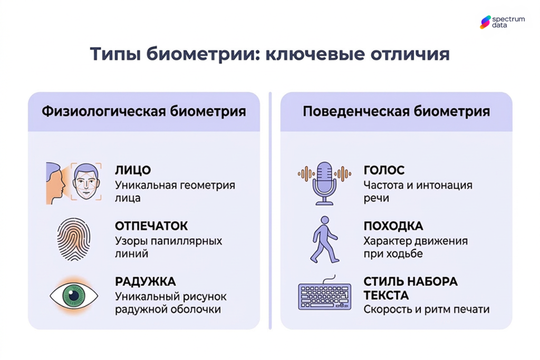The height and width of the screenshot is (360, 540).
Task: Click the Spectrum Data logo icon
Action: click(x=485, y=22)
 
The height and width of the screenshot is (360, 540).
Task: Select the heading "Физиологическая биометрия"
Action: click(x=143, y=112)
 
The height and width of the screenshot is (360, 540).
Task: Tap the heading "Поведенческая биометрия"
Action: click(x=396, y=112)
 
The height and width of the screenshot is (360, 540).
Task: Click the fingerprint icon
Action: click(x=74, y=240)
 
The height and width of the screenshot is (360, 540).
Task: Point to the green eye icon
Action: click(x=74, y=296)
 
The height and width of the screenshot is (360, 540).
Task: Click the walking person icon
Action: click(x=324, y=240)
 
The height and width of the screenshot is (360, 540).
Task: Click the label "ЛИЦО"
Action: click(x=133, y=170)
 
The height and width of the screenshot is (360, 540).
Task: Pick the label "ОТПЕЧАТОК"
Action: click(x=151, y=226)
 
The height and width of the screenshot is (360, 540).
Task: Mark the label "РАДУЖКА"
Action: click(x=145, y=281)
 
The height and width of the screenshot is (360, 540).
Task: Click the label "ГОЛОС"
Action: click(x=384, y=170)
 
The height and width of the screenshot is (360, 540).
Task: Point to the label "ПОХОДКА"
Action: click(x=393, y=226)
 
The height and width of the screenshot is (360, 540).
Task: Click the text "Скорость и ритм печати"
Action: click(x=426, y=309)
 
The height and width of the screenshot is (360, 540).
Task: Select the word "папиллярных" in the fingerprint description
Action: click(x=187, y=241)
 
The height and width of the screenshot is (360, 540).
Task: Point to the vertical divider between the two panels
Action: click(x=270, y=211)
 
